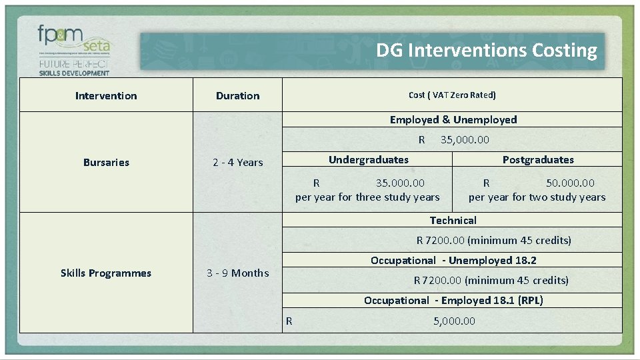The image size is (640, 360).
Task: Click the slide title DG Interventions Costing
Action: tap(486, 51)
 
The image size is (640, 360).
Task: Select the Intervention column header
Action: tap(106, 95)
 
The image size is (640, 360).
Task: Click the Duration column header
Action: tap(238, 95)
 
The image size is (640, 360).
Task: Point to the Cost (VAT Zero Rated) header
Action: tap(452, 95)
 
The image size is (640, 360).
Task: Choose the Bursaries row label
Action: tap(106, 162)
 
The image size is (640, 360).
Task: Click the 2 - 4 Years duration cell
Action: tap(238, 162)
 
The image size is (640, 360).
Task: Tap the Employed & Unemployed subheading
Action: tap(453, 119)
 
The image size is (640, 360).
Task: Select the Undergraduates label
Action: tap(368, 159)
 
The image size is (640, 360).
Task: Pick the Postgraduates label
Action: tap(537, 159)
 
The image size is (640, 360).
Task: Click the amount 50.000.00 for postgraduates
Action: tap(570, 183)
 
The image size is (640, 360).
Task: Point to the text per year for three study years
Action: tap(367, 197)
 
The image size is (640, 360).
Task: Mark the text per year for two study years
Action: tap(537, 197)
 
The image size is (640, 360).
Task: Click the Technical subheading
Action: tap(453, 220)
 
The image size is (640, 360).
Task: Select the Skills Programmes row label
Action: tap(106, 273)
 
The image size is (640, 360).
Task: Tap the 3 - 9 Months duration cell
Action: tap(238, 273)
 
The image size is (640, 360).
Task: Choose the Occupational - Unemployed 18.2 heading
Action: tap(453, 260)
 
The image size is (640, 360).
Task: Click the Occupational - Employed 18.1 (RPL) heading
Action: tap(453, 300)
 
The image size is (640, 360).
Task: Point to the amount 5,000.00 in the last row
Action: tap(454, 321)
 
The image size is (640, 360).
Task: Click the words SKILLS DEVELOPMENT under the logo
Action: tap(74, 72)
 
